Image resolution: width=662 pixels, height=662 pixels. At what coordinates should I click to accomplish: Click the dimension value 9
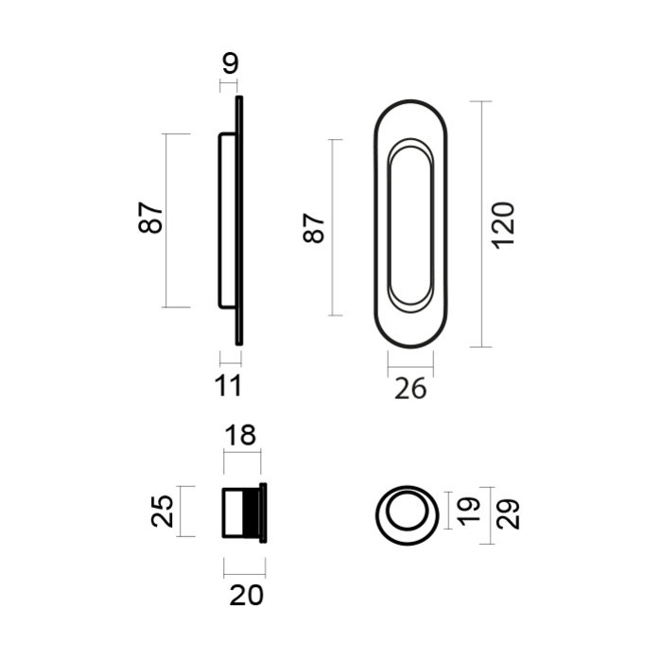tap(230, 64)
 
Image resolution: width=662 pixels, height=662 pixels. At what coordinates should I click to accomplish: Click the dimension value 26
tap(410, 388)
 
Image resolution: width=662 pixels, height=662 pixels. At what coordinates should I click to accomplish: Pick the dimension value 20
tap(245, 596)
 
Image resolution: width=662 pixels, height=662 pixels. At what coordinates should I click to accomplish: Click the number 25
tap(162, 512)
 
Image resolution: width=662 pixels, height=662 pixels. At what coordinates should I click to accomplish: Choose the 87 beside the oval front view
tap(315, 227)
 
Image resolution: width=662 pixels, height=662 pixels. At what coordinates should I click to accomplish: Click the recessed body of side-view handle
tap(227, 219)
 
